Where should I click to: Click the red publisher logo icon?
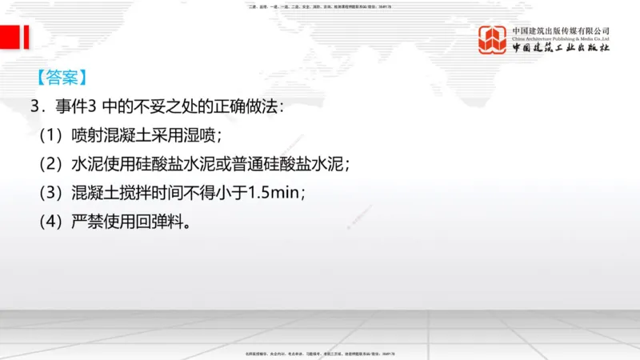click(494, 40)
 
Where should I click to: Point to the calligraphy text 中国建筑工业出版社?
click(561, 48)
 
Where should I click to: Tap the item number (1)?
click(52, 134)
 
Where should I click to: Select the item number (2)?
click(52, 163)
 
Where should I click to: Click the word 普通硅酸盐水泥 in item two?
click(290, 163)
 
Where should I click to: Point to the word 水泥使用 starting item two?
click(98, 163)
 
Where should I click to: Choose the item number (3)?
click(52, 192)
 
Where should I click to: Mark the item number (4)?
click(52, 221)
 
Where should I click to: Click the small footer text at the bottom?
click(320, 353)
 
